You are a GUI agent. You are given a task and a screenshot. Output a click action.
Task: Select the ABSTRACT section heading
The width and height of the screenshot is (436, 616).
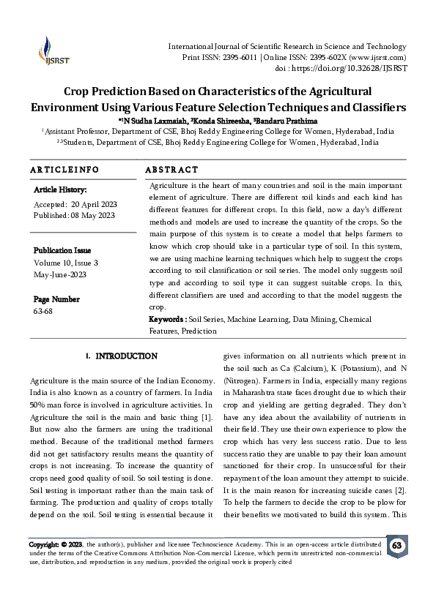(171, 169)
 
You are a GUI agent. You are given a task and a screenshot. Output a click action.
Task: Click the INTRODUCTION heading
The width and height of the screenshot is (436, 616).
(126, 356)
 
